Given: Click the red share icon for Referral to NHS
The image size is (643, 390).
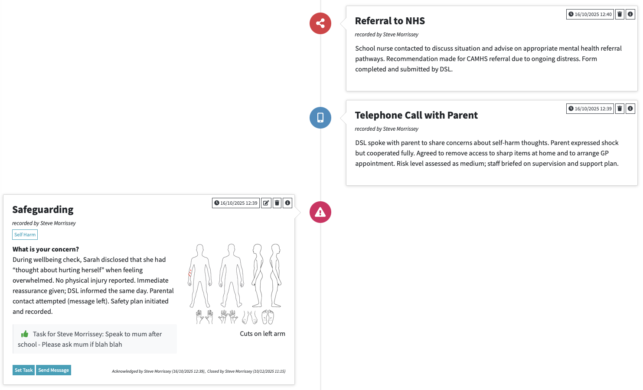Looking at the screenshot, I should point(320,23).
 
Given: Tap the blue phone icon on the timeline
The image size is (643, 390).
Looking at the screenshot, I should point(320,118).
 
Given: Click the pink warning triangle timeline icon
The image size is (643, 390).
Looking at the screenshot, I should point(320,212).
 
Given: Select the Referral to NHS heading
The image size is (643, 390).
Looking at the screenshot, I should point(389,21).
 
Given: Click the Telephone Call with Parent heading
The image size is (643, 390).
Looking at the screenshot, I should point(416,115).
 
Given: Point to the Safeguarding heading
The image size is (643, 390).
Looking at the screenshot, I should point(42,210).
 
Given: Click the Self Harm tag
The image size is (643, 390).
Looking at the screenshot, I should point(25,235).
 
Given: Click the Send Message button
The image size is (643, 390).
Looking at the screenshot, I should point(53,370).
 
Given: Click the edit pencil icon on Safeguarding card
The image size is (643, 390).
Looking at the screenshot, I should point(266,203).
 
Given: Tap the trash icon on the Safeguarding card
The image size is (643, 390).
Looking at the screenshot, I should point(277,203).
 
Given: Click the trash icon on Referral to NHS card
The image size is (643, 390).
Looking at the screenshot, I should point(620,14).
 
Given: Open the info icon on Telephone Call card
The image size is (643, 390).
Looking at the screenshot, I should point(630,109).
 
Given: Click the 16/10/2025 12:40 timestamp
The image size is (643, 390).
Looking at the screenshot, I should point(590,14).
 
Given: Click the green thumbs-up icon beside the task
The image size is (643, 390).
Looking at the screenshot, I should point(25,334).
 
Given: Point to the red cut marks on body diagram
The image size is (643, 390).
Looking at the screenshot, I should point(190,273).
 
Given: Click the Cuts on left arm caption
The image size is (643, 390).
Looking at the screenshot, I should point(262,334).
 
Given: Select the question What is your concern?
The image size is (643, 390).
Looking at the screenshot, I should point(46,249).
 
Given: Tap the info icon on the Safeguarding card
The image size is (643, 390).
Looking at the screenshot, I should point(287,203).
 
